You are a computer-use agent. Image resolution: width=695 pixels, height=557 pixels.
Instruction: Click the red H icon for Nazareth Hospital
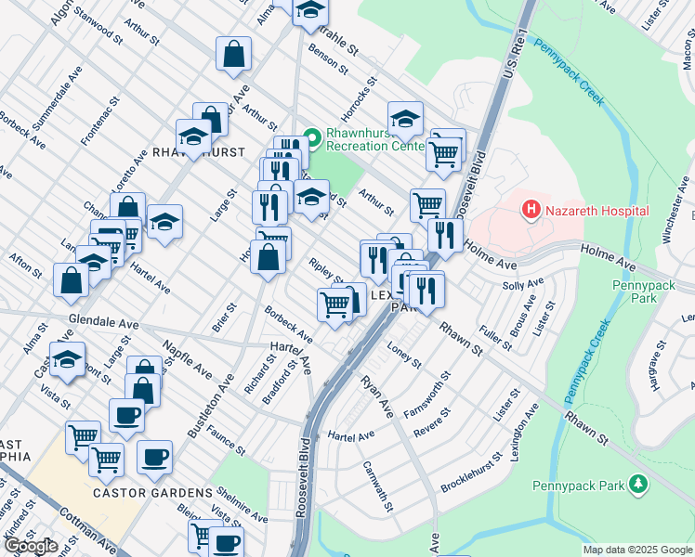(531, 211)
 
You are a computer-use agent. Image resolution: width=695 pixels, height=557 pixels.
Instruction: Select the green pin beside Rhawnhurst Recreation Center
(312, 138)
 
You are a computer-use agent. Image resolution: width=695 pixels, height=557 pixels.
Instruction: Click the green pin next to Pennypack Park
(637, 484)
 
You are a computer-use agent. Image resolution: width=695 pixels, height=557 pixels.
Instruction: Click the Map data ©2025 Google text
(636, 550)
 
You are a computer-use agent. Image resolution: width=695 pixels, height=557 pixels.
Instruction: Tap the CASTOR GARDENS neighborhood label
(152, 492)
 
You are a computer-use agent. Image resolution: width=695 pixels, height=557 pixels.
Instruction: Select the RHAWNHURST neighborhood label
(198, 151)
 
